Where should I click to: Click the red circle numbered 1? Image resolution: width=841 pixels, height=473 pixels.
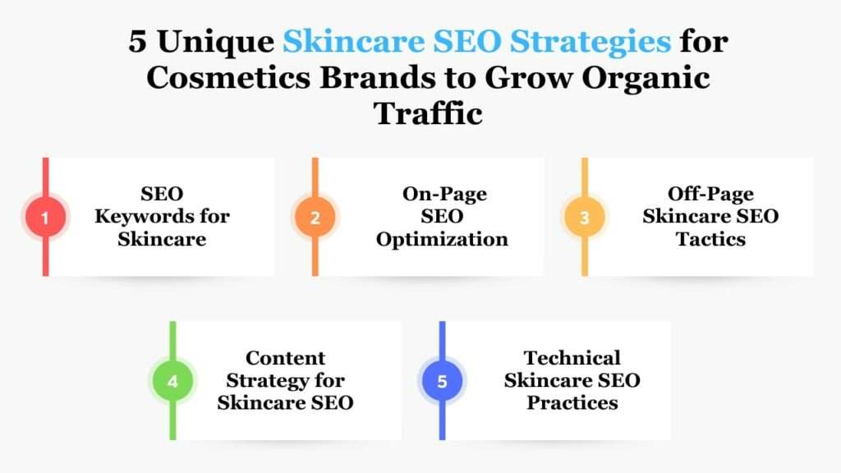click(x=46, y=217)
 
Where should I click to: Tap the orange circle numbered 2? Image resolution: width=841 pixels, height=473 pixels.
click(x=315, y=217)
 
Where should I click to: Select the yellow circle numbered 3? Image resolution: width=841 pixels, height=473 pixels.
click(x=585, y=217)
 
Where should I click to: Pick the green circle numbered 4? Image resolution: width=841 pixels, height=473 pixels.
click(x=172, y=381)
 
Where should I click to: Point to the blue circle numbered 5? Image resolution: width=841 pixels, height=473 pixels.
click(x=442, y=381)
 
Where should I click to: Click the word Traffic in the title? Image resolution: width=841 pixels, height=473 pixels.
click(x=428, y=113)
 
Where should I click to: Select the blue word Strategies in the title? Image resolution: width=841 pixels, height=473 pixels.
click(x=590, y=43)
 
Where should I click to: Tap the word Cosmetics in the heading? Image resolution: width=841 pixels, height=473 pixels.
click(x=228, y=78)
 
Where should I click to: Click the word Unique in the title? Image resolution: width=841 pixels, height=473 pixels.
click(x=216, y=43)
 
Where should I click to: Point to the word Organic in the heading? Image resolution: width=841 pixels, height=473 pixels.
click(x=646, y=79)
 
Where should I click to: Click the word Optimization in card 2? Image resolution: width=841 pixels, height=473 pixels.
click(x=442, y=239)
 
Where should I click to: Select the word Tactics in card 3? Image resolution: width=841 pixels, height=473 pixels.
click(x=710, y=239)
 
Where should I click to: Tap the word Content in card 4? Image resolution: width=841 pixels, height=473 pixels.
click(x=285, y=358)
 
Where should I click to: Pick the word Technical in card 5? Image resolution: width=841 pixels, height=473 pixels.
click(x=572, y=358)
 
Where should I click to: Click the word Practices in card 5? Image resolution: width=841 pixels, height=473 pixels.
click(x=572, y=402)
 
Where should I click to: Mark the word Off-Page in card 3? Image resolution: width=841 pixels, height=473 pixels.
click(x=710, y=194)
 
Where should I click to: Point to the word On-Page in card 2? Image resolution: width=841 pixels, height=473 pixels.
click(x=444, y=194)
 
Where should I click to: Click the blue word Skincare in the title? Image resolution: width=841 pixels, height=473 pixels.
click(x=354, y=43)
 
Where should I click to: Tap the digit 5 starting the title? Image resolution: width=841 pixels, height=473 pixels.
click(x=137, y=43)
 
